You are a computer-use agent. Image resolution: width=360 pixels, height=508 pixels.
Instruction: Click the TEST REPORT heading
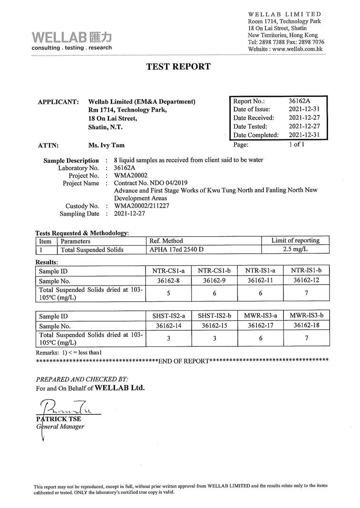click(178, 67)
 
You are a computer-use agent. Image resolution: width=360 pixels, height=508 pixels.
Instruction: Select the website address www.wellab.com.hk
click(298, 49)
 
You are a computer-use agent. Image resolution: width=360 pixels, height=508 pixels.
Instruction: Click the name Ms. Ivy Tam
click(107, 145)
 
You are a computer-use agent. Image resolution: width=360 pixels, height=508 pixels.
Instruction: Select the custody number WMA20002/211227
click(142, 206)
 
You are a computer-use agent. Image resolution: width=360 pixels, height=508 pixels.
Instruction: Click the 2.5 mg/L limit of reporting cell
click(295, 249)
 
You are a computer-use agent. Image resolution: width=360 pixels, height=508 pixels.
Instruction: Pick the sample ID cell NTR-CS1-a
click(168, 271)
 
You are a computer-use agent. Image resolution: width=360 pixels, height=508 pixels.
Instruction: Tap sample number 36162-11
click(260, 280)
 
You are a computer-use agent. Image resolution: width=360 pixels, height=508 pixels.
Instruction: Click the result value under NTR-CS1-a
click(168, 293)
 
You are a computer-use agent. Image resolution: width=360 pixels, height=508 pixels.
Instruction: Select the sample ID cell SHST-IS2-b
click(214, 316)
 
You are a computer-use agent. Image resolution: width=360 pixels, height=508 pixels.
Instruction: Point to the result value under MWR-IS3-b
click(306, 338)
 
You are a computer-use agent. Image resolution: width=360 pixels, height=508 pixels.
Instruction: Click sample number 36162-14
click(168, 326)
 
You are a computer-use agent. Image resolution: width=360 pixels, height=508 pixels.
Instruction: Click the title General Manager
click(60, 426)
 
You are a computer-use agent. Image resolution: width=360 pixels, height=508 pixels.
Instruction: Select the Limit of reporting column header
click(295, 240)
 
